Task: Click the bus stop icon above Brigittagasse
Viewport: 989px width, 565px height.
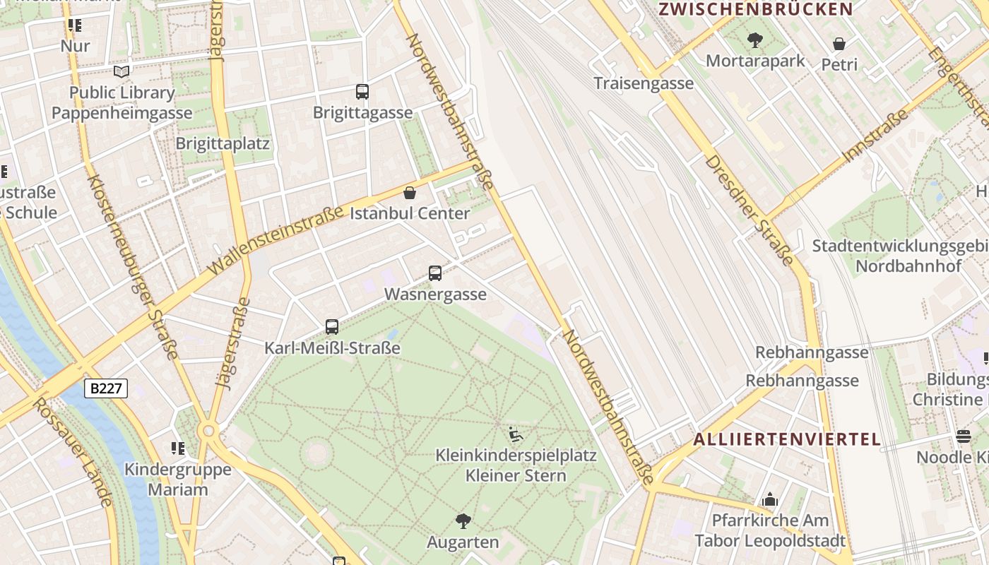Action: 362,91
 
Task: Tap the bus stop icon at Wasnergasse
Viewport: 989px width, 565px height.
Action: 435,273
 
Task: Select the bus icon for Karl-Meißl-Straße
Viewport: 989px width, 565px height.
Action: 332,327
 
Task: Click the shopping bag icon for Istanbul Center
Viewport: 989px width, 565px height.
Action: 410,193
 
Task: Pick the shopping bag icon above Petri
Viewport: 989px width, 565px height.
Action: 839,44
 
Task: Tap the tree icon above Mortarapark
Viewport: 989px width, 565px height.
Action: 755,40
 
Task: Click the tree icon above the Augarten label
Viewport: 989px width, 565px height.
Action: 463,522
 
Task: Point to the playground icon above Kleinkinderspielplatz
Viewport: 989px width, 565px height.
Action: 516,434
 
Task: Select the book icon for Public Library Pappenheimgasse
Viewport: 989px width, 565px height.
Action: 122,71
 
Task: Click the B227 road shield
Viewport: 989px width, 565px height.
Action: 106,388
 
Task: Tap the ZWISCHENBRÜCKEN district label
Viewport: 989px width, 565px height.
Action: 756,9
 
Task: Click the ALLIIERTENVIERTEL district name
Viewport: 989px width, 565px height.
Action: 787,439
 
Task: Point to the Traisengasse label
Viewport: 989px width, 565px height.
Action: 644,83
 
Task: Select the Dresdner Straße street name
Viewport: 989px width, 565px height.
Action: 749,210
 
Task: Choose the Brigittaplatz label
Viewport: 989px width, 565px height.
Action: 223,143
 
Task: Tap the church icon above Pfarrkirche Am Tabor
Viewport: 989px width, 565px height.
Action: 770,500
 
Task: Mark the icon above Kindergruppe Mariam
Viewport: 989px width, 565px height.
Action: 177,448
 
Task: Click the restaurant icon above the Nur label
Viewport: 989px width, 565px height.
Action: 75,26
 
